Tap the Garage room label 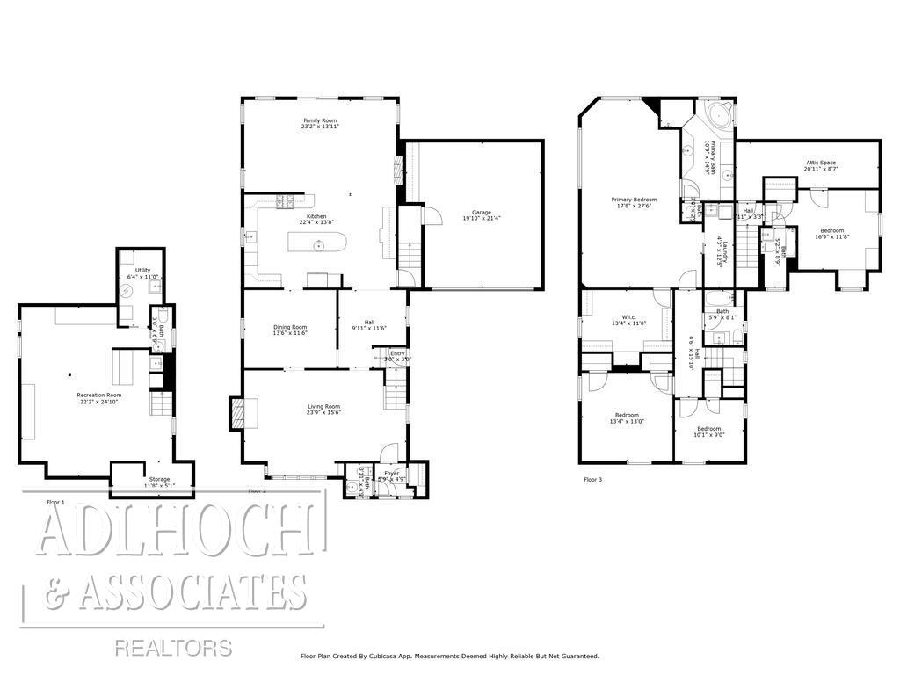point(481,212)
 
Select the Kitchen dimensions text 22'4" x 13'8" point(316,223)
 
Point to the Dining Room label point(290,327)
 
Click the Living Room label point(323,406)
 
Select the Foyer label point(391,473)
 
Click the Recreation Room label point(98,396)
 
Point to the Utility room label point(142,270)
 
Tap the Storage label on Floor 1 point(159,479)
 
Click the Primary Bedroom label point(634,200)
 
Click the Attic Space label point(820,163)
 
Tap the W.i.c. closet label point(628,317)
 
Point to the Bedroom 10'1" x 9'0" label point(708,429)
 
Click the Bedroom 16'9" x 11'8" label point(831,229)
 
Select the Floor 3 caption point(594,480)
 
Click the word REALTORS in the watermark point(173,649)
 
